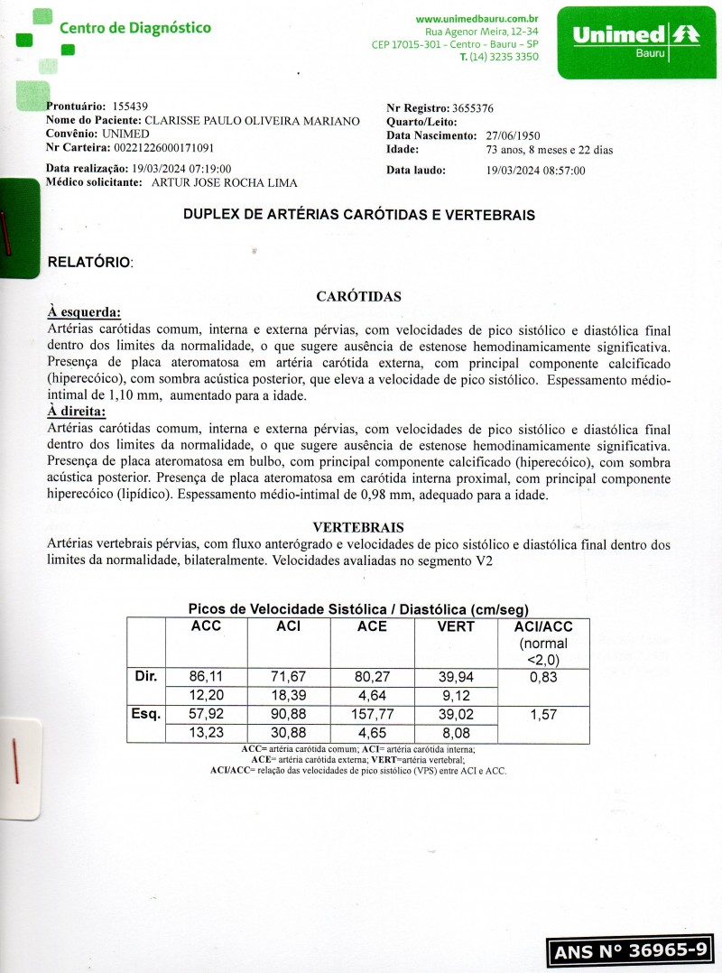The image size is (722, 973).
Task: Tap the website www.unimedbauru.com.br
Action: (x=477, y=18)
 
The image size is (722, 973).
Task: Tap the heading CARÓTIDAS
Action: (x=358, y=296)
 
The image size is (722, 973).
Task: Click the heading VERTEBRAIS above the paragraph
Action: (x=358, y=527)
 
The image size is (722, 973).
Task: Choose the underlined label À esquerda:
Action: (x=84, y=312)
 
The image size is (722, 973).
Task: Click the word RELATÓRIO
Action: (x=89, y=263)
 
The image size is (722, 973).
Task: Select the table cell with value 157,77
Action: (x=372, y=715)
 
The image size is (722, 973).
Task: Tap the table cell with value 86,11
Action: (x=206, y=676)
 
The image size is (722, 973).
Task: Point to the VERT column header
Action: (x=455, y=626)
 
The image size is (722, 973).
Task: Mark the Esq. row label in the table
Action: (x=146, y=715)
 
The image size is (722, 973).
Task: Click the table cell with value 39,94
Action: (x=455, y=676)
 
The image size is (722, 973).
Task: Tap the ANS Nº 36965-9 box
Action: (x=629, y=950)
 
